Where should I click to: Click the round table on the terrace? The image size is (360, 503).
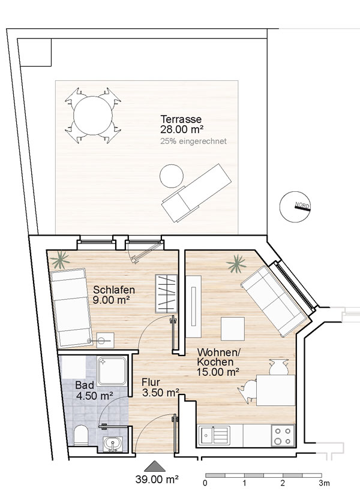93,116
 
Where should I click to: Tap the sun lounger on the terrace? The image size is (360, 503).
196,193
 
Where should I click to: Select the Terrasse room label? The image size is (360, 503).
181,119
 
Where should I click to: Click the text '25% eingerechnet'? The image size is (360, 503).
193,141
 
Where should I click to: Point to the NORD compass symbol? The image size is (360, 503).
295,207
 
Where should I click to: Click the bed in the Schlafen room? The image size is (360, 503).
71,308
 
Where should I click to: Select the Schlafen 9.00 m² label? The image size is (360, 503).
113,295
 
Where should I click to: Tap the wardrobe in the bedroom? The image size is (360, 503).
166,294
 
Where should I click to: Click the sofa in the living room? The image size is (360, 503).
274,300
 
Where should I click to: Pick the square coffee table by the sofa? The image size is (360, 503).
233,329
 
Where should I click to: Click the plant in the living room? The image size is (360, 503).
236,264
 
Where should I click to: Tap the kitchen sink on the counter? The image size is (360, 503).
214,435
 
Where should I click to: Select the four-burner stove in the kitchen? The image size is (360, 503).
283,435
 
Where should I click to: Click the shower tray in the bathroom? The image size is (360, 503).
112,371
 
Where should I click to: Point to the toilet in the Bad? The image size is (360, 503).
81,435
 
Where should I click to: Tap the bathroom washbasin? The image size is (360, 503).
113,444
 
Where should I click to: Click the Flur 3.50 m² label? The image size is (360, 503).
160,387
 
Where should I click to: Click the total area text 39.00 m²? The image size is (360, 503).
157,480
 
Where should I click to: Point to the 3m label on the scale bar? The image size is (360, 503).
324,483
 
